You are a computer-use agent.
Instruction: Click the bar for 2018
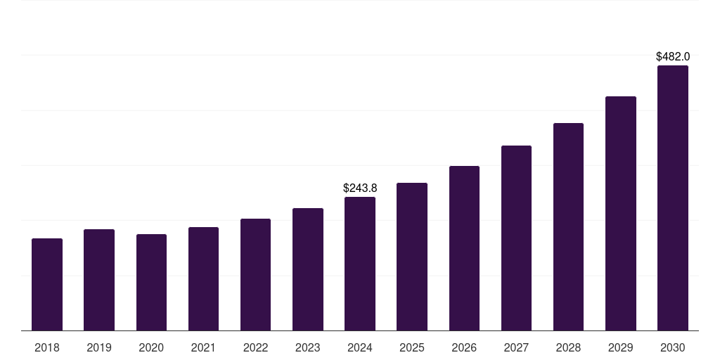[47, 285]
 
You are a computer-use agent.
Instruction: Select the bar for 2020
[151, 283]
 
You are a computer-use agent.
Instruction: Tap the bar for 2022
[255, 275]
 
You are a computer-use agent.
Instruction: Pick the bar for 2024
[360, 264]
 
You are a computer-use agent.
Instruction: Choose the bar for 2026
[464, 248]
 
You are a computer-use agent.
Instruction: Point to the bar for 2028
[568, 227]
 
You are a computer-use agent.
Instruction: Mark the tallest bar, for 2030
[673, 198]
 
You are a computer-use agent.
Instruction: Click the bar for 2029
[621, 214]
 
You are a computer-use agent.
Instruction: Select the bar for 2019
[99, 280]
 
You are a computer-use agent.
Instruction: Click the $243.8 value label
[360, 188]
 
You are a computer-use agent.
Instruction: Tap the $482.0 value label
[673, 56]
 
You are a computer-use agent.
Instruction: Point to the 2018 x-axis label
[47, 347]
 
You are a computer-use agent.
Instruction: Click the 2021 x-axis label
[203, 347]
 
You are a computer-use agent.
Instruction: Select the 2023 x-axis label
[308, 347]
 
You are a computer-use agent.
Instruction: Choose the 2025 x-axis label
[412, 347]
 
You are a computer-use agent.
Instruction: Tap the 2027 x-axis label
[516, 347]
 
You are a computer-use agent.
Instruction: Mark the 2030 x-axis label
[673, 347]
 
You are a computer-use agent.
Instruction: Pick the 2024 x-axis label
[360, 347]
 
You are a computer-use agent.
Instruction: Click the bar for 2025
[412, 257]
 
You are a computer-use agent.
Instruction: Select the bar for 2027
[516, 238]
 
